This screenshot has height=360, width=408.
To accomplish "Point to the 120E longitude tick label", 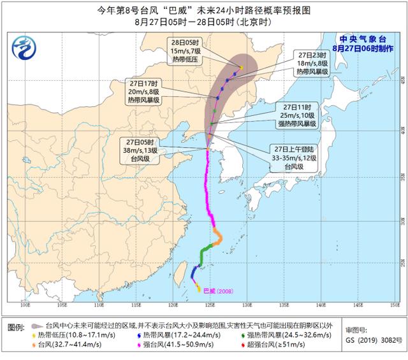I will coord(173,305).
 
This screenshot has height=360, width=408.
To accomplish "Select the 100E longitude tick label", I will coord(25,305).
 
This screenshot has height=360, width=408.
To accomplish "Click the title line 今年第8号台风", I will coord(203,9).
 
